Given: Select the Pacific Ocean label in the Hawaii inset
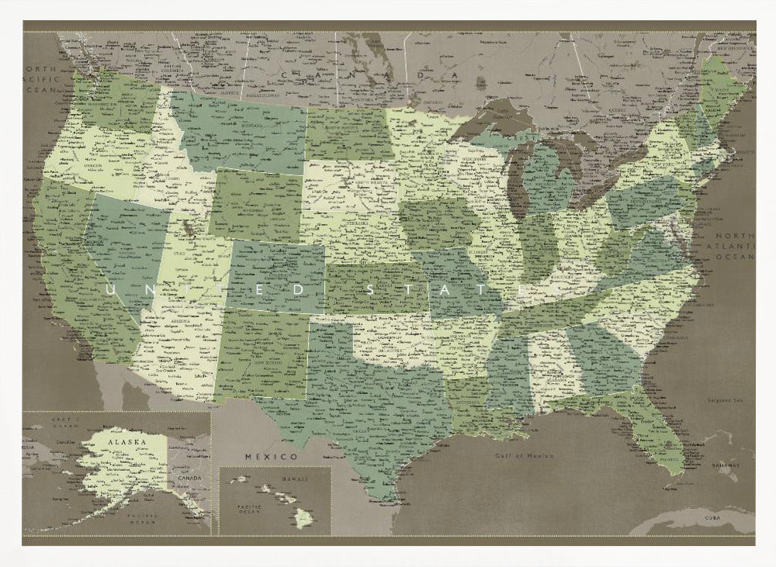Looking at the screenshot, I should point(244,510).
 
